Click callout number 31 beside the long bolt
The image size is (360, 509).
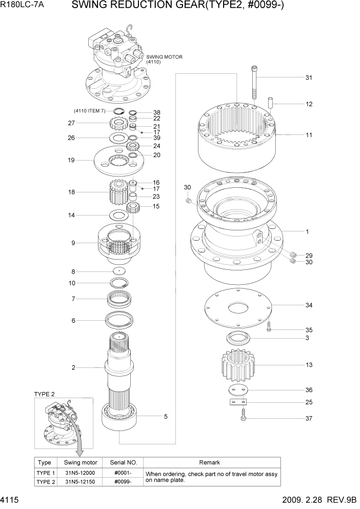tap(309, 78)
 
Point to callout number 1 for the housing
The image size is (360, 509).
tap(307, 232)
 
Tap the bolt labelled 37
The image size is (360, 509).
tap(243, 418)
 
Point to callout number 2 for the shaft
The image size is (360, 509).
tap(73, 367)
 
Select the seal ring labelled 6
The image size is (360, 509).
tap(120, 321)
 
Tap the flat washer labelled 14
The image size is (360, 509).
tap(118, 215)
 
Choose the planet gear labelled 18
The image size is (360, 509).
tap(118, 192)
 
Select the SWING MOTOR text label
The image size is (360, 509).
tap(164, 57)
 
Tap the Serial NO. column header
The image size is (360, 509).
tap(123, 462)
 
